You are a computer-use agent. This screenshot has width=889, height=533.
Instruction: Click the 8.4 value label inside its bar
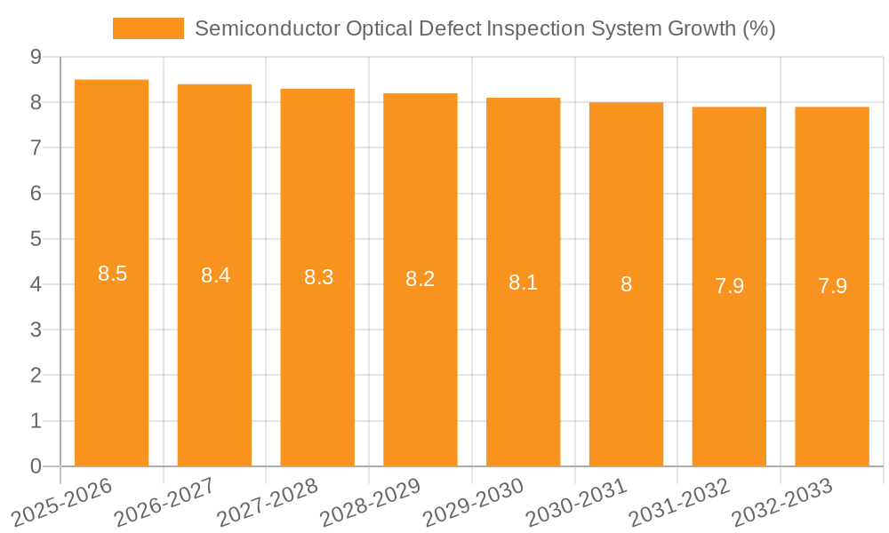pyautogui.click(x=215, y=275)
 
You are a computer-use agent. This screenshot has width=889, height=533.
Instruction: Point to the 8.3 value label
pyautogui.click(x=318, y=277)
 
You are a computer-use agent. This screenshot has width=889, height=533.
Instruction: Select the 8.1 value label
pyautogui.click(x=523, y=283)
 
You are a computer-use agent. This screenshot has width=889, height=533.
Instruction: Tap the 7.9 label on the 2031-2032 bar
pyautogui.click(x=729, y=286)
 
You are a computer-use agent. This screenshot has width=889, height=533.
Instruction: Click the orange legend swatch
pyautogui.click(x=148, y=28)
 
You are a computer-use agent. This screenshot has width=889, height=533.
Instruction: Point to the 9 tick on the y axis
pyautogui.click(x=36, y=57)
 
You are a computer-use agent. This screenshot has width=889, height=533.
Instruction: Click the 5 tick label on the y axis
pyautogui.click(x=36, y=239)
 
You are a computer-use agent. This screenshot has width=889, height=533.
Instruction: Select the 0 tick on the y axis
pyautogui.click(x=36, y=466)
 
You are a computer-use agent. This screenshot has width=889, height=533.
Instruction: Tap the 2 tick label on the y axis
pyautogui.click(x=36, y=376)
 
